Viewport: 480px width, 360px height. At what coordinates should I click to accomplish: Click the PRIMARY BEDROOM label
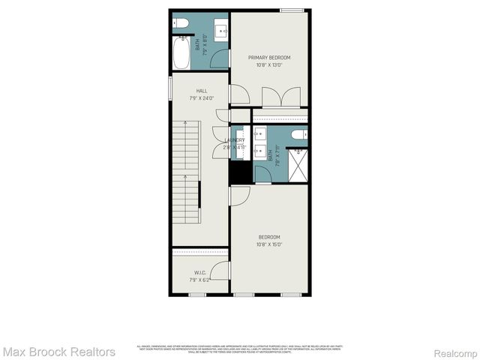coord(269,58)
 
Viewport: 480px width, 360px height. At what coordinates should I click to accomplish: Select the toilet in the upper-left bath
coord(182,25)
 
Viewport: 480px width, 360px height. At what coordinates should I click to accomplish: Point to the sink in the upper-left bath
coord(220,32)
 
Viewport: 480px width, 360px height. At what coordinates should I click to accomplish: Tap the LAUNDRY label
coord(235,140)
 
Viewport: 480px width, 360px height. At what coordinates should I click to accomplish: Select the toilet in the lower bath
coord(298,135)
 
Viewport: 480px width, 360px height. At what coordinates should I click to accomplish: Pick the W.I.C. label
coord(200,273)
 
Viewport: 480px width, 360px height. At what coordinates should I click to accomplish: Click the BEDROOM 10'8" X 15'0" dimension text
coord(268,244)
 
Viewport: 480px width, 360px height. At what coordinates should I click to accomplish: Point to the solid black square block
coord(239,172)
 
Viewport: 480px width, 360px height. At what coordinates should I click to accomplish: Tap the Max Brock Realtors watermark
coord(58,351)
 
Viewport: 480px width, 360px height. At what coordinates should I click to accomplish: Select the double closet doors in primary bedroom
coord(274,97)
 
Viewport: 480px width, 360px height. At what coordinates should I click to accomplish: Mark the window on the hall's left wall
coord(170,87)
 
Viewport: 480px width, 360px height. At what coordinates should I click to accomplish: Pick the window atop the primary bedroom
coord(291,10)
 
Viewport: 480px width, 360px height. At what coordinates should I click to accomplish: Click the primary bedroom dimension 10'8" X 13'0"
coord(269,65)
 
